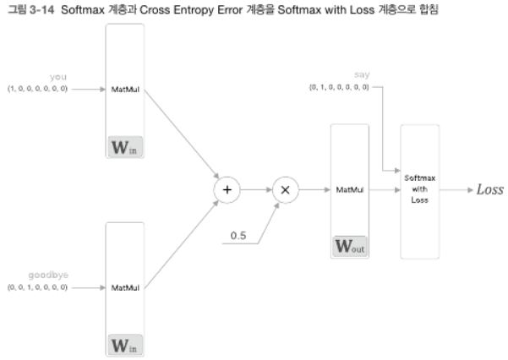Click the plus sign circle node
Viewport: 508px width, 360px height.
click(x=227, y=189)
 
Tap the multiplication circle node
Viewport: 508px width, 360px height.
click(x=285, y=189)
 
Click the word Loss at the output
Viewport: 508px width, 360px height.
click(x=489, y=189)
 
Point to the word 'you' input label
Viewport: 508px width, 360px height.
click(x=57, y=77)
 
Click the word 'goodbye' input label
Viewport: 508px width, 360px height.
click(x=51, y=275)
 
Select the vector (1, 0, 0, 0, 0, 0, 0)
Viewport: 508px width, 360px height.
click(x=38, y=87)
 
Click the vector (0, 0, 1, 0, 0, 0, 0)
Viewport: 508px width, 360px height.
click(x=38, y=287)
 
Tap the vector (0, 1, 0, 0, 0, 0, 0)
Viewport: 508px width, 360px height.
click(x=339, y=87)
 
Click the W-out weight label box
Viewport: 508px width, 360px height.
click(x=349, y=248)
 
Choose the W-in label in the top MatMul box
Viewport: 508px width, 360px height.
click(x=124, y=146)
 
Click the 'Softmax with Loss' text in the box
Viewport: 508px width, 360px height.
click(x=419, y=190)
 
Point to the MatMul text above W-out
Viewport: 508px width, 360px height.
click(x=349, y=190)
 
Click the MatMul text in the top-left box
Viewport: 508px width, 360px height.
click(x=124, y=88)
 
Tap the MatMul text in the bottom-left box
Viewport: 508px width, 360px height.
click(x=124, y=287)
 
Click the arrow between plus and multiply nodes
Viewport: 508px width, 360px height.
click(x=255, y=189)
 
